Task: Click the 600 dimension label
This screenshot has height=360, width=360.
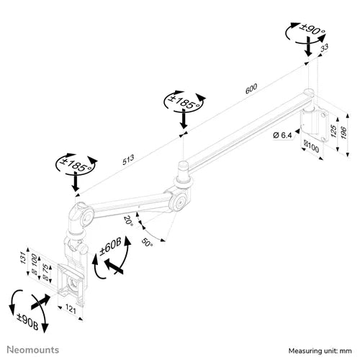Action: pyautogui.click(x=251, y=89)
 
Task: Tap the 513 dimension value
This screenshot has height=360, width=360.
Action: pyautogui.click(x=128, y=160)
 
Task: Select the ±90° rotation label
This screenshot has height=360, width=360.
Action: pyautogui.click(x=312, y=30)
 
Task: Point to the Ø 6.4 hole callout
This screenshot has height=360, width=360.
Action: pyautogui.click(x=282, y=135)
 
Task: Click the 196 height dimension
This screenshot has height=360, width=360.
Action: pyautogui.click(x=343, y=132)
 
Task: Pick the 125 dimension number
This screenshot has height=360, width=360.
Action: pyautogui.click(x=333, y=131)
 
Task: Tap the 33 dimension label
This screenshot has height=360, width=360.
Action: pyautogui.click(x=324, y=48)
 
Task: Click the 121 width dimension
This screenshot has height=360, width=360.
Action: pyautogui.click(x=71, y=309)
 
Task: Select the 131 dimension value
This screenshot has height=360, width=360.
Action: pyautogui.click(x=22, y=258)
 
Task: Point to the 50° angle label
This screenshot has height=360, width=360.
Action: pyautogui.click(x=147, y=242)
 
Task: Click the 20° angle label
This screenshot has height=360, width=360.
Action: pyautogui.click(x=128, y=220)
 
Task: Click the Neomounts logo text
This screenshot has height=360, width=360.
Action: pyautogui.click(x=33, y=350)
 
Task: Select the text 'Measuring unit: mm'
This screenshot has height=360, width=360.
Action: pyautogui.click(x=320, y=351)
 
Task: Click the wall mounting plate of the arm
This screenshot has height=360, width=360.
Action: pyautogui.click(x=315, y=125)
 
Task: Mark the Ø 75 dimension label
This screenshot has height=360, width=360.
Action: pyautogui.click(x=45, y=271)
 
